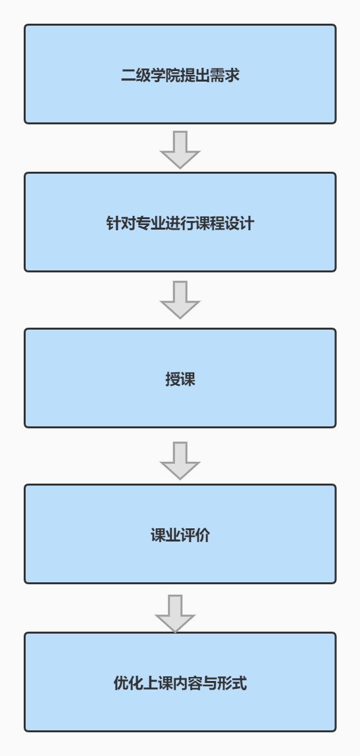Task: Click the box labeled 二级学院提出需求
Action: pos(180,74)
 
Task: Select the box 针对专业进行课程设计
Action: pos(180,222)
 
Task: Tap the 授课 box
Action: pos(180,378)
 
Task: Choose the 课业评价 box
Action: pos(180,534)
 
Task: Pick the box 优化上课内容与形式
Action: pos(180,682)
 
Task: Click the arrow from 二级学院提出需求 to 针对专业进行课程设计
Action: pos(180,149)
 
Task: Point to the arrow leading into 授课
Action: pos(180,300)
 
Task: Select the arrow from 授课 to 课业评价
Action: pos(180,461)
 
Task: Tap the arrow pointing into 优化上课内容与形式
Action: pos(175,613)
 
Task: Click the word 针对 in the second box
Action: pos(120,224)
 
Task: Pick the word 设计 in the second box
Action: pos(240,224)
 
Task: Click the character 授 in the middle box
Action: pos(173,380)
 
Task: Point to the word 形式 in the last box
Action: pos(232,683)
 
